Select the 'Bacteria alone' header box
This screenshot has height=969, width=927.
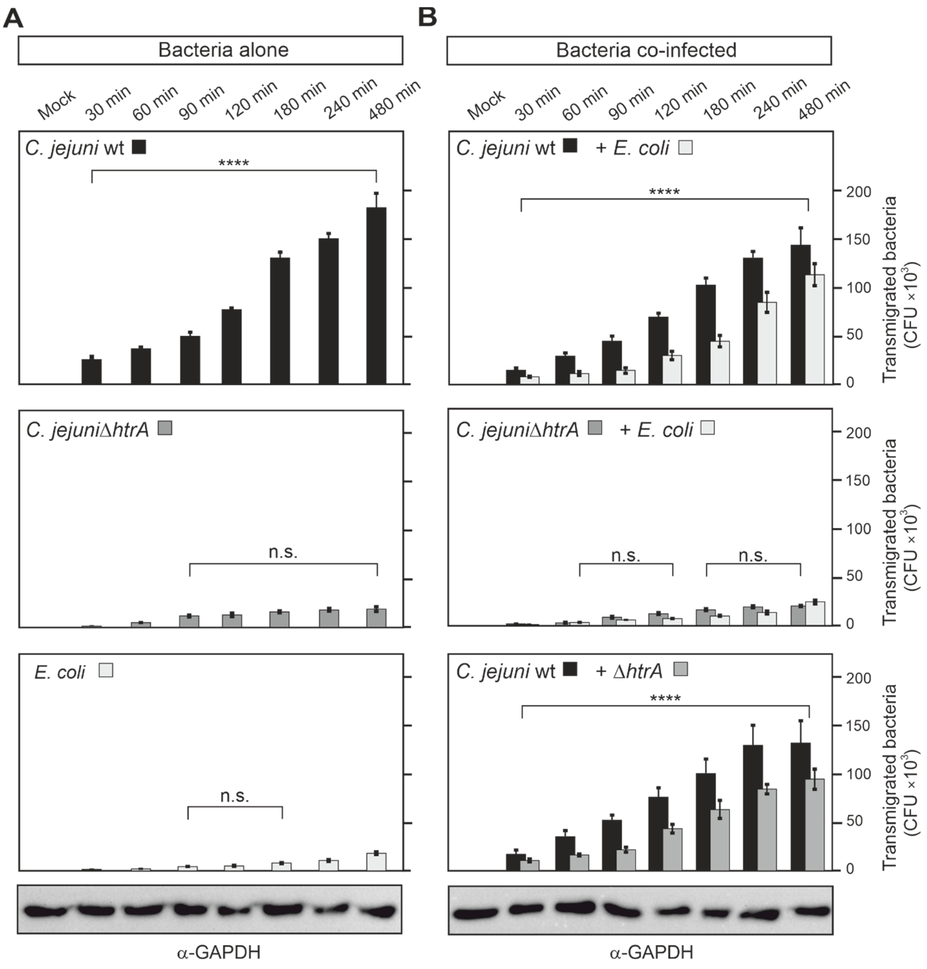(211, 50)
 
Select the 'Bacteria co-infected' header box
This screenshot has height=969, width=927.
(639, 50)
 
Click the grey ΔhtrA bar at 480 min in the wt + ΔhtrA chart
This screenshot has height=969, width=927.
(815, 823)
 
